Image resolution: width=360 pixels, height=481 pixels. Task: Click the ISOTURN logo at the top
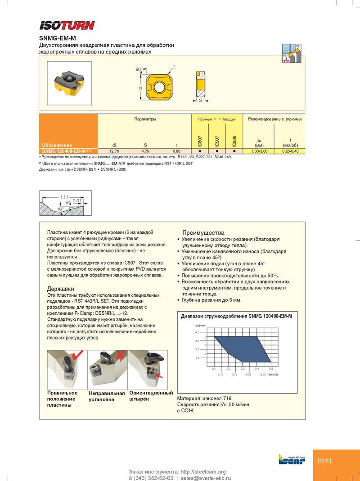(x=67, y=25)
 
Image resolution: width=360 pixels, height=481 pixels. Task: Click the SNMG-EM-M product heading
(x=57, y=39)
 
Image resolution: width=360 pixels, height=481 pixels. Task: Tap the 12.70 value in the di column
(x=114, y=151)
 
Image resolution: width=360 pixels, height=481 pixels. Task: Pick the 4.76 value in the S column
(x=145, y=151)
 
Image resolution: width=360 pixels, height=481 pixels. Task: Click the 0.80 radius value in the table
(x=176, y=151)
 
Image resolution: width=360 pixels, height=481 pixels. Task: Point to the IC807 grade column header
(x=200, y=141)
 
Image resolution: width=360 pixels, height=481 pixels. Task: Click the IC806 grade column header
(x=234, y=141)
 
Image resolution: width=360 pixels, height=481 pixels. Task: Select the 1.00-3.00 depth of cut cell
(x=259, y=151)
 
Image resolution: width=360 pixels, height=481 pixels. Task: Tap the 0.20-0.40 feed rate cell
(x=290, y=151)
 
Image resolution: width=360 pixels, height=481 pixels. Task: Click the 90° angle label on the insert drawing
(x=139, y=69)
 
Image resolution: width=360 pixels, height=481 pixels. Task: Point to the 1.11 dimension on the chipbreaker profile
(x=64, y=197)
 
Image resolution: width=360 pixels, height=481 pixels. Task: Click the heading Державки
(x=61, y=288)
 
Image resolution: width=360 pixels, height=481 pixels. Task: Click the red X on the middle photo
(x=120, y=355)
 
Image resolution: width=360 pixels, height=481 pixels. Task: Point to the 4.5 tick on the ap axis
(x=197, y=332)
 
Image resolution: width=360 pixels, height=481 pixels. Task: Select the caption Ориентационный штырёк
(x=151, y=396)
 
